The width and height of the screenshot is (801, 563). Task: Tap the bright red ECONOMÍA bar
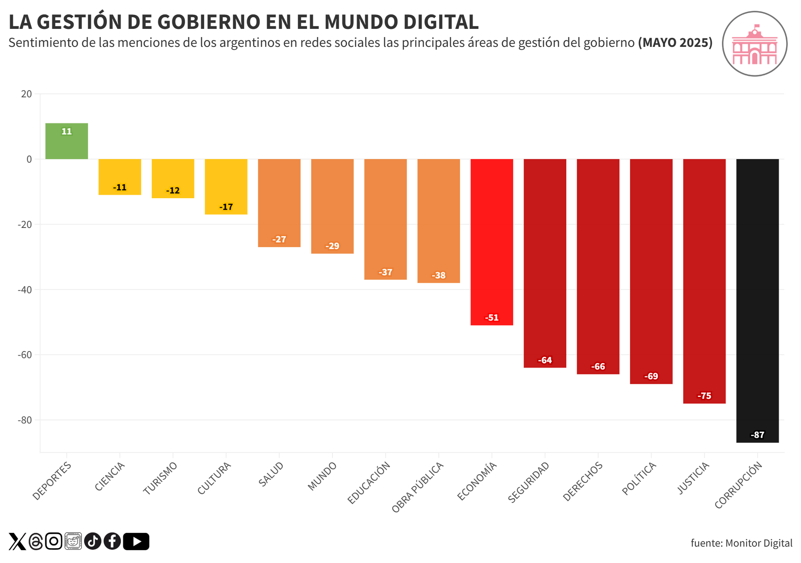[x=491, y=240]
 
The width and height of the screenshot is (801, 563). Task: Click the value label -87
[x=757, y=435]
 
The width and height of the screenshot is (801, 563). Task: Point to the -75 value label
[x=704, y=396]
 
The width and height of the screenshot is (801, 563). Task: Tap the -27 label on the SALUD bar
[x=279, y=239]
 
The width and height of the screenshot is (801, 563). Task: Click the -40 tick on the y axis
[x=25, y=290]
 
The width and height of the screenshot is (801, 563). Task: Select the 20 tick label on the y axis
[x=26, y=94]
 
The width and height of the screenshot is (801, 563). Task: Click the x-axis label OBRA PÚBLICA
[x=418, y=487]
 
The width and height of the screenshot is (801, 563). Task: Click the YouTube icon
[x=136, y=541]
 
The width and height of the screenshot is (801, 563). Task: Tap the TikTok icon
[x=93, y=541]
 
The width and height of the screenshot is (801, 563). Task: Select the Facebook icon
[x=113, y=541]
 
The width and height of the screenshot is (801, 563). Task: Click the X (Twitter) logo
[x=17, y=541]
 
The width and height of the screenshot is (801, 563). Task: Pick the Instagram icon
[x=53, y=541]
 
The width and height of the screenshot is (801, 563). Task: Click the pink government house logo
[x=754, y=44]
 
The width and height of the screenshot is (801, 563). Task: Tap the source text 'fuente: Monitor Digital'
[x=741, y=543]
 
